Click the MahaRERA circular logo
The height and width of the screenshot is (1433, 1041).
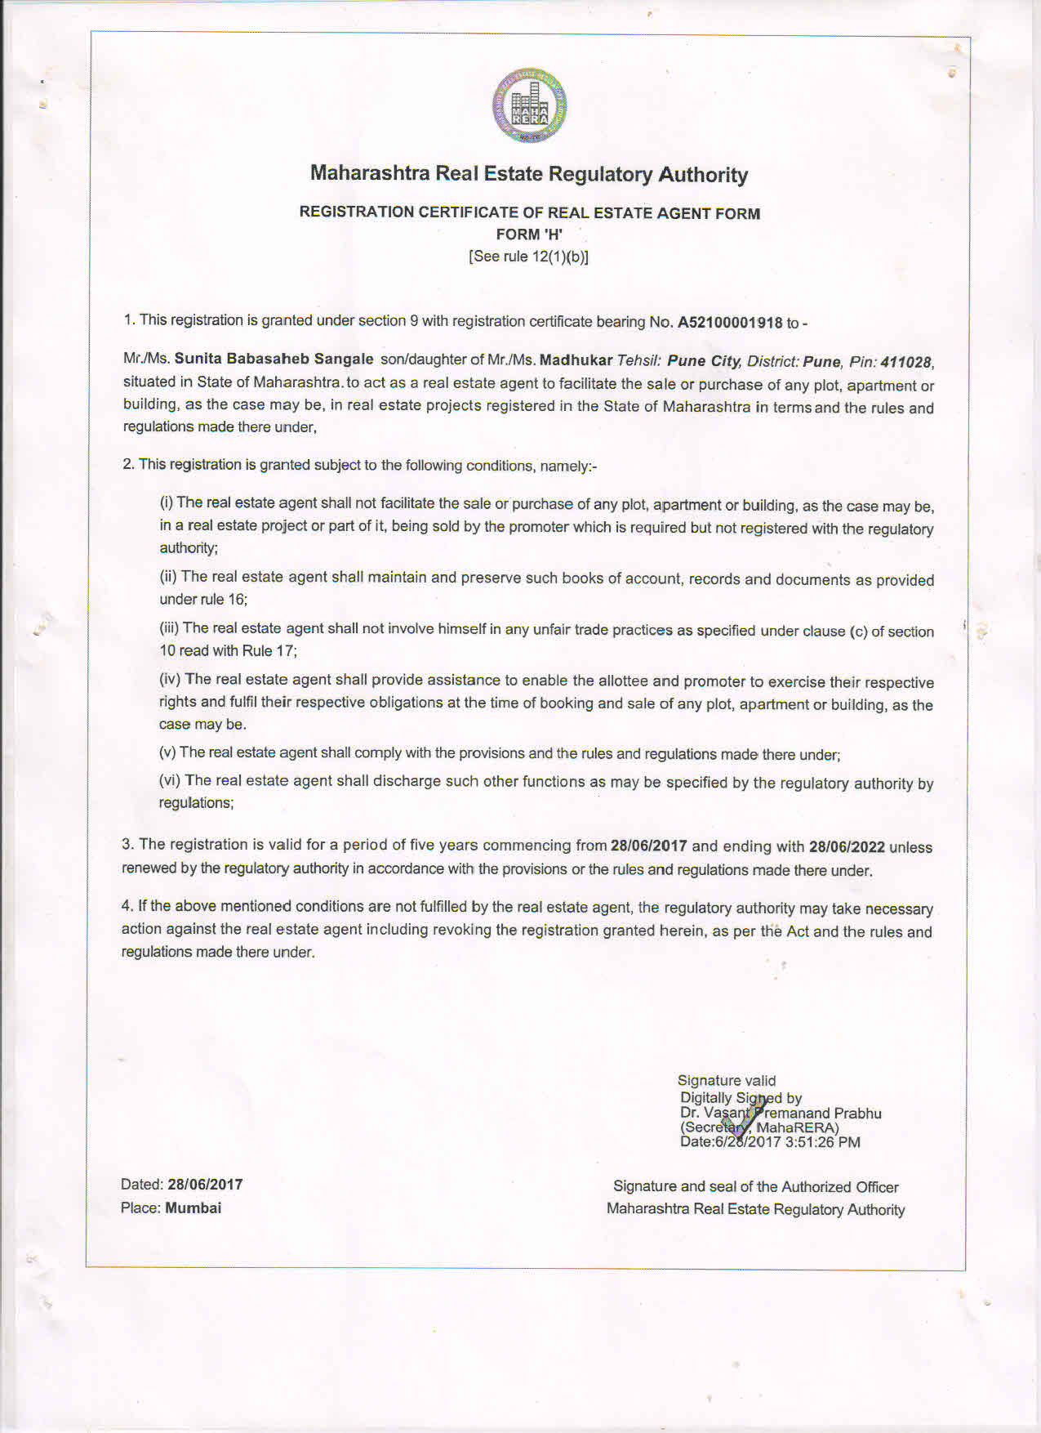click(x=529, y=106)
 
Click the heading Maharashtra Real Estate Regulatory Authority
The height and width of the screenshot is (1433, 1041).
click(x=529, y=174)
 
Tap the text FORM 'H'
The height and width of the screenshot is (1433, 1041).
click(x=529, y=234)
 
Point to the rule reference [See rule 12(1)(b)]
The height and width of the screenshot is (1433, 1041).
click(x=529, y=257)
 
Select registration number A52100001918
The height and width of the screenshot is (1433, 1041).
click(x=730, y=323)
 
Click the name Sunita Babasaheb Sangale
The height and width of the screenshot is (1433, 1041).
click(x=274, y=359)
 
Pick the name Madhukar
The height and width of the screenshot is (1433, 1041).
click(x=576, y=359)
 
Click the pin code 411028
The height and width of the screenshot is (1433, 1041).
click(x=906, y=362)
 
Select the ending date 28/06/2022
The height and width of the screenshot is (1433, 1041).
click(x=847, y=847)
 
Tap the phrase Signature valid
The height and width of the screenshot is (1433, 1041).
click(x=727, y=1081)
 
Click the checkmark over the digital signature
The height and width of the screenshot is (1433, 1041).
click(x=745, y=1117)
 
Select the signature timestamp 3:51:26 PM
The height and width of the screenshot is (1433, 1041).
click(x=822, y=1142)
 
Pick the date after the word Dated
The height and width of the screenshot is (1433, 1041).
click(x=205, y=1185)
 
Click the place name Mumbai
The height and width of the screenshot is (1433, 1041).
click(x=193, y=1208)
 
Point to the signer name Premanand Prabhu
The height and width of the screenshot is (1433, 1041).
click(x=819, y=1113)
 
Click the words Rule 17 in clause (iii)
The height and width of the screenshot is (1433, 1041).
click(x=269, y=651)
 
